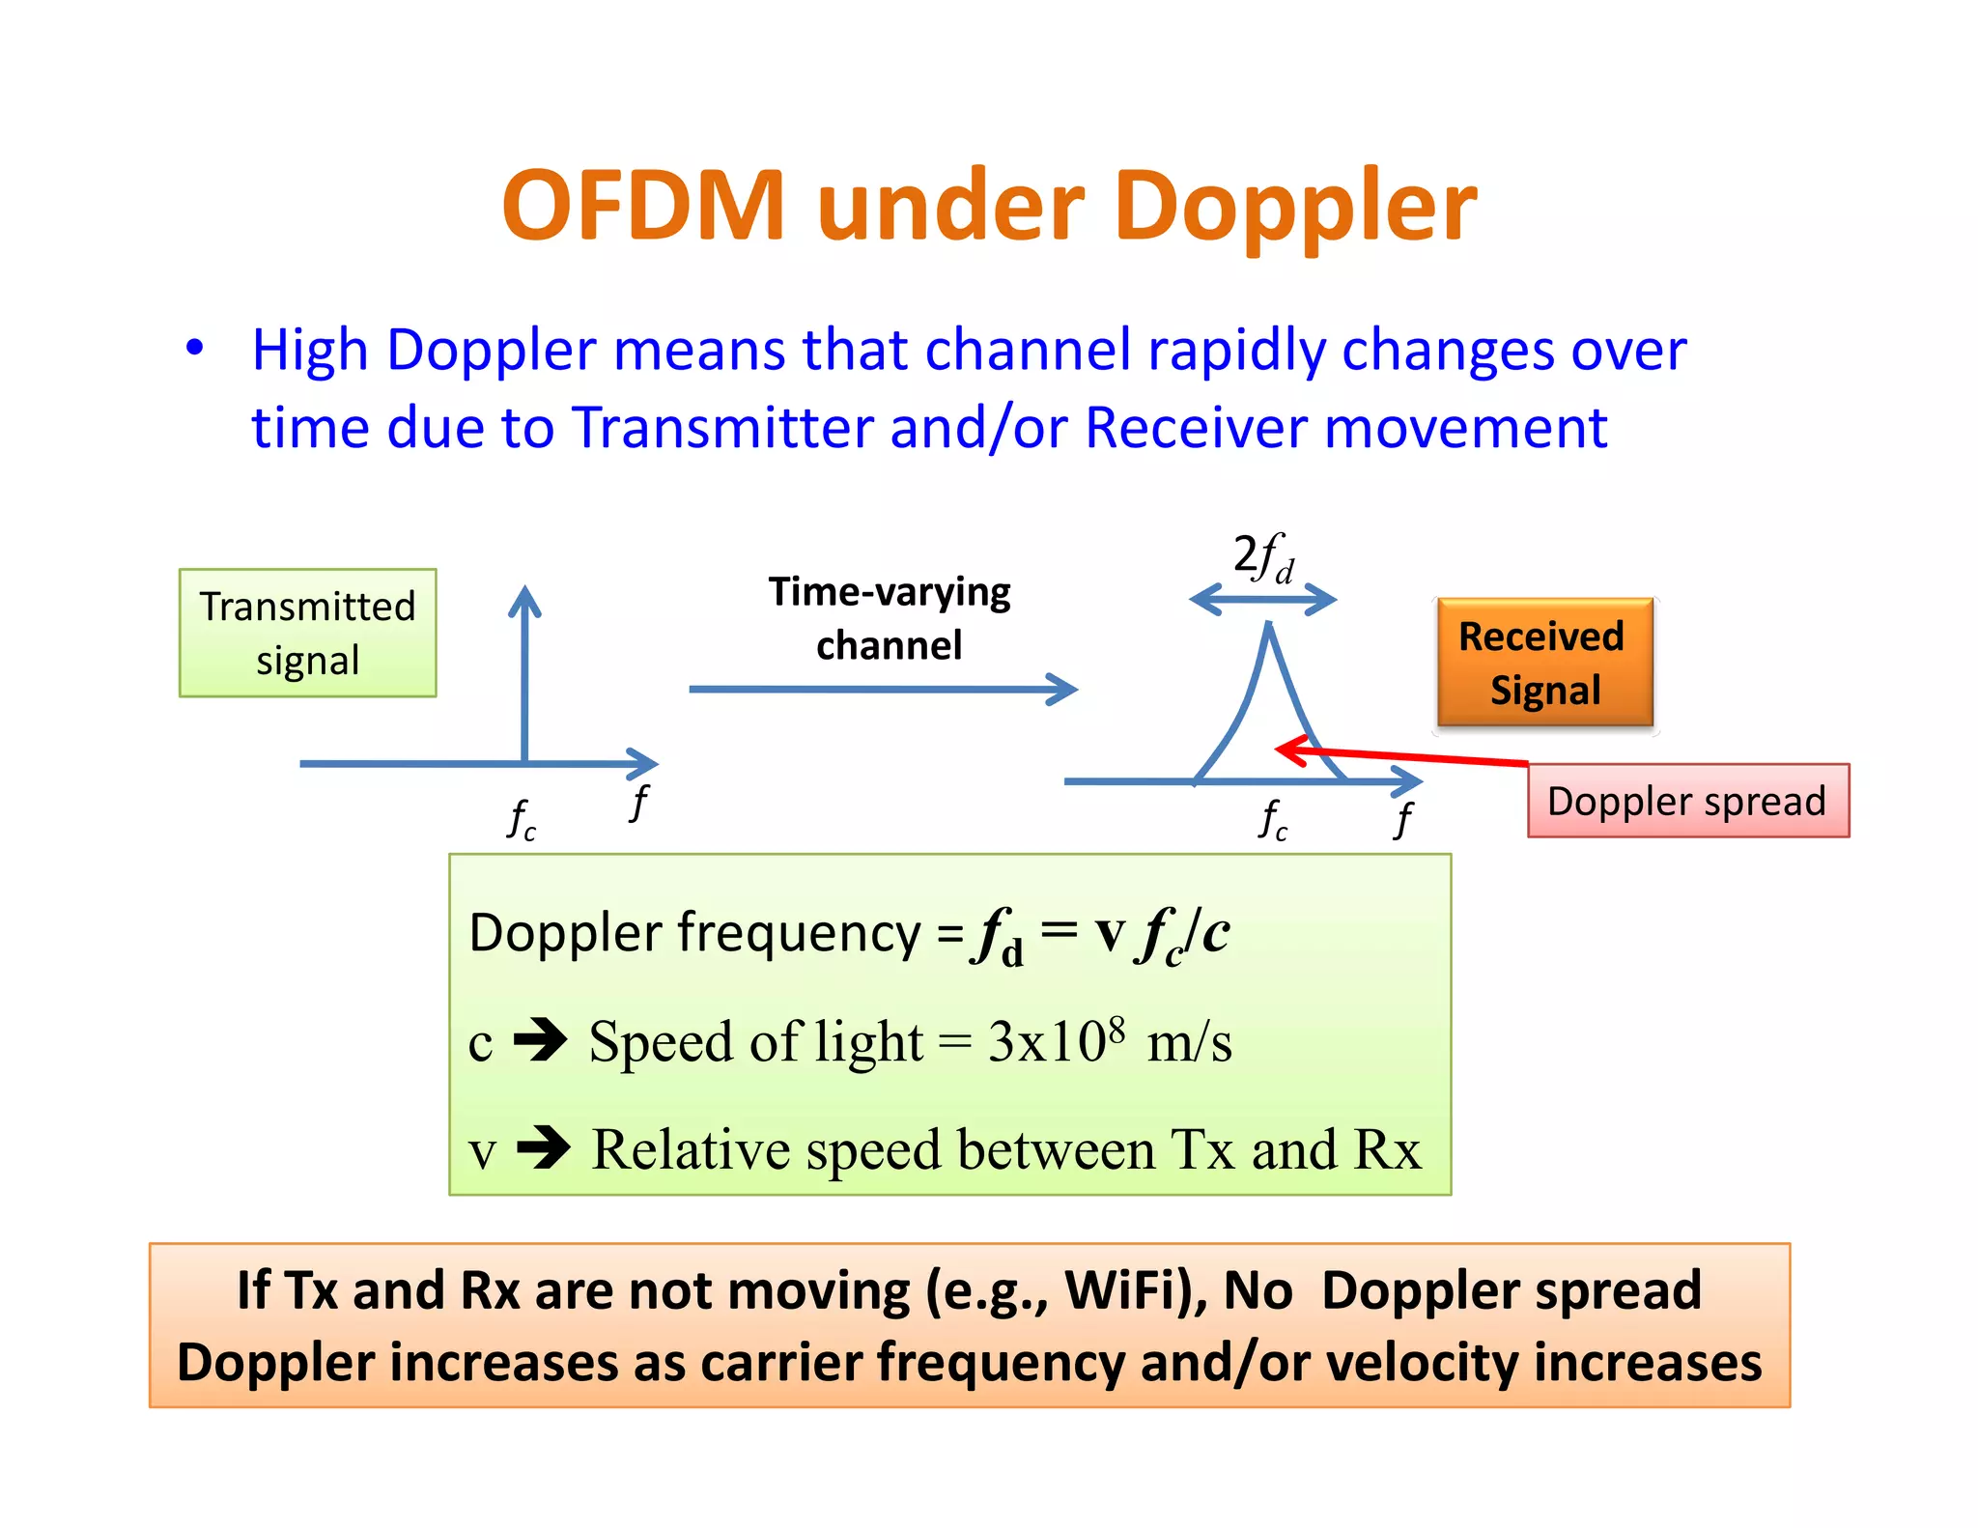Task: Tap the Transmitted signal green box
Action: coord(307,633)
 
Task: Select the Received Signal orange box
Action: coord(1543,663)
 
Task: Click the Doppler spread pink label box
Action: coord(1687,801)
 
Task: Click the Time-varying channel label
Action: coord(889,618)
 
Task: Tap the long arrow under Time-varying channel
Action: coord(881,690)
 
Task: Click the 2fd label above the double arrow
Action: coord(1262,558)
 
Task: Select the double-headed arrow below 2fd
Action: coord(1262,601)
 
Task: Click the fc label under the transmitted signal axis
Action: coord(522,820)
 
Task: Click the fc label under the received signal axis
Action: coord(1273,820)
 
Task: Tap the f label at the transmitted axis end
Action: coord(639,802)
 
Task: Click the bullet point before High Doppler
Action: coord(195,348)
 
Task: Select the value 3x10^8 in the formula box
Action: coord(1056,1041)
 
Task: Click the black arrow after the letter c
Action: coord(541,1041)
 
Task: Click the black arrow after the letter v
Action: coord(544,1148)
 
